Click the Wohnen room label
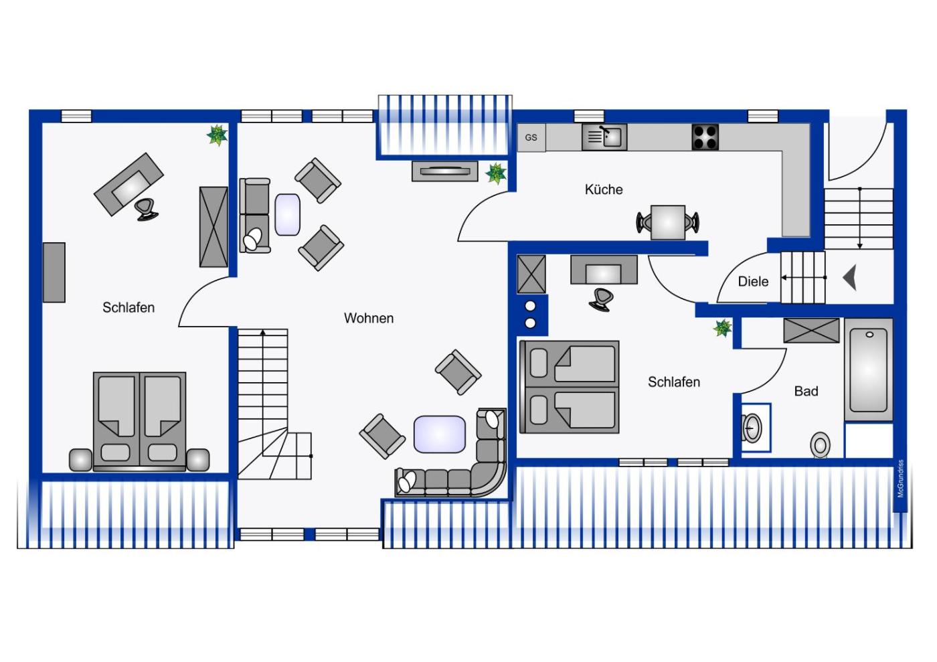click(369, 318)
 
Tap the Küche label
click(604, 189)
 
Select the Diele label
click(753, 281)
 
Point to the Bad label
click(806, 391)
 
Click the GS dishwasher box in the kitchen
click(531, 137)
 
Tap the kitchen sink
click(604, 137)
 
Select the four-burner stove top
click(705, 137)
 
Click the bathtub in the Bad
click(869, 369)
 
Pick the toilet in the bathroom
click(821, 445)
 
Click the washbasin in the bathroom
click(752, 428)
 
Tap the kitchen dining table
click(668, 222)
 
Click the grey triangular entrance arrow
click(849, 277)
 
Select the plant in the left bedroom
click(218, 135)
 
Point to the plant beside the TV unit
click(496, 173)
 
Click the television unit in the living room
click(444, 171)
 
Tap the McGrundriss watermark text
click(901, 479)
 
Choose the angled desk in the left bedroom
click(129, 184)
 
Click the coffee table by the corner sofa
click(439, 434)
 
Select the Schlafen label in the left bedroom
click(129, 307)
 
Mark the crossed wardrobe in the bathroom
click(811, 331)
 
